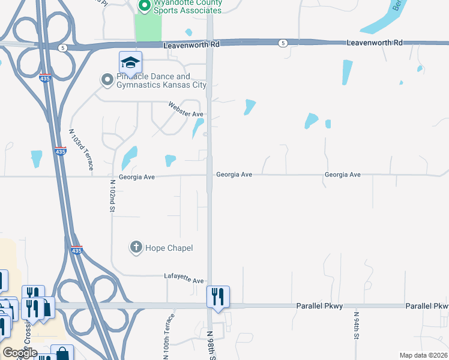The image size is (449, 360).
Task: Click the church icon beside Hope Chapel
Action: [136, 247]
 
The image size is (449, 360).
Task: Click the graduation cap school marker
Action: [130, 62]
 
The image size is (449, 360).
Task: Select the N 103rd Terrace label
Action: [81, 150]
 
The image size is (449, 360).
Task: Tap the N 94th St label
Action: [356, 325]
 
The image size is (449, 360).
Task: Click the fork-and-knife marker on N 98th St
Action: [218, 296]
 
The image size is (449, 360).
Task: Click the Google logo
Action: [20, 353]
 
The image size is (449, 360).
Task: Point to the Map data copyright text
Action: [423, 355]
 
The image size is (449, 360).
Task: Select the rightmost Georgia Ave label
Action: [342, 175]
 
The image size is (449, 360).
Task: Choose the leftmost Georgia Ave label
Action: [137, 177]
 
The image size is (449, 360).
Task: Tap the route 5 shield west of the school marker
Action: [62, 47]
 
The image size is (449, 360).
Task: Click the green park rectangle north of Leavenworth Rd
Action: [148, 28]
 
